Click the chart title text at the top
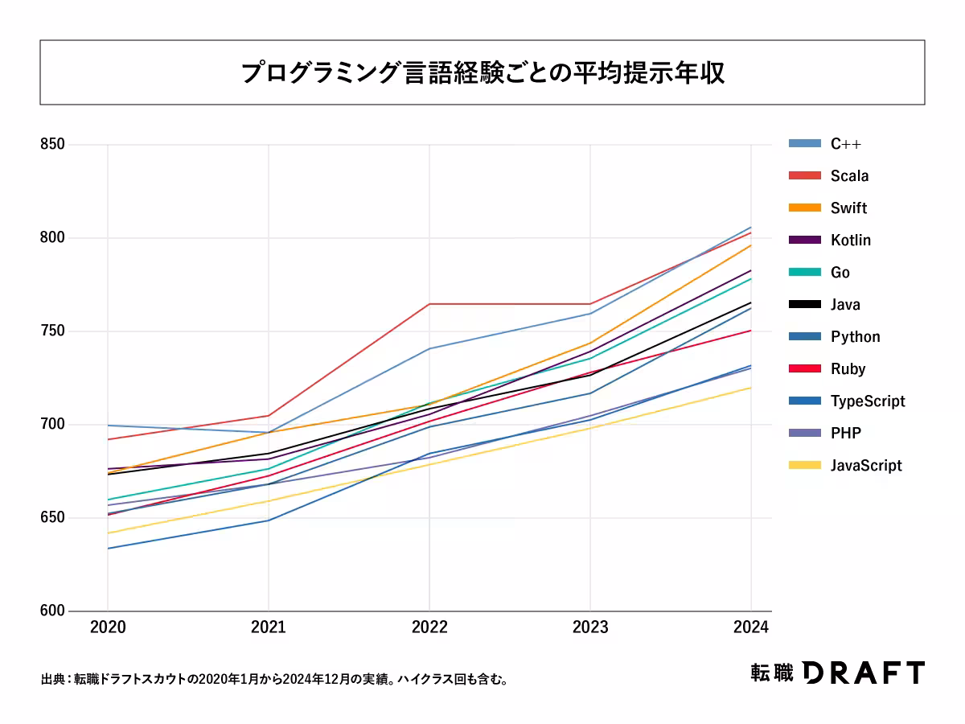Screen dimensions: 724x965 (482, 72)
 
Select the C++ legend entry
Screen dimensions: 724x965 (846, 144)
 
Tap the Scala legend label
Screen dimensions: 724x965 (850, 176)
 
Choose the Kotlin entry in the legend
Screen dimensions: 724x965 (851, 241)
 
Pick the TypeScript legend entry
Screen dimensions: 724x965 (868, 401)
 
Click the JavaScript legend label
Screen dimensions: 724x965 (866, 466)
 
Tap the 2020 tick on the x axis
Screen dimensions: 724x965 (108, 628)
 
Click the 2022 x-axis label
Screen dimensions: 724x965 (429, 628)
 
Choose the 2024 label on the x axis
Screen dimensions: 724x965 (751, 628)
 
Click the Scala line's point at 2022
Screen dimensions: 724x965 (429, 304)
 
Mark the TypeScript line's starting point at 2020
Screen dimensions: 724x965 (108, 549)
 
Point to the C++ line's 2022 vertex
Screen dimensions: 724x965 (429, 349)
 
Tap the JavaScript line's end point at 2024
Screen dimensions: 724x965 (751, 388)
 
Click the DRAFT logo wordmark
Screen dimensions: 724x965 (864, 673)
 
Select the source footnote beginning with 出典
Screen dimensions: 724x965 (273, 680)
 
